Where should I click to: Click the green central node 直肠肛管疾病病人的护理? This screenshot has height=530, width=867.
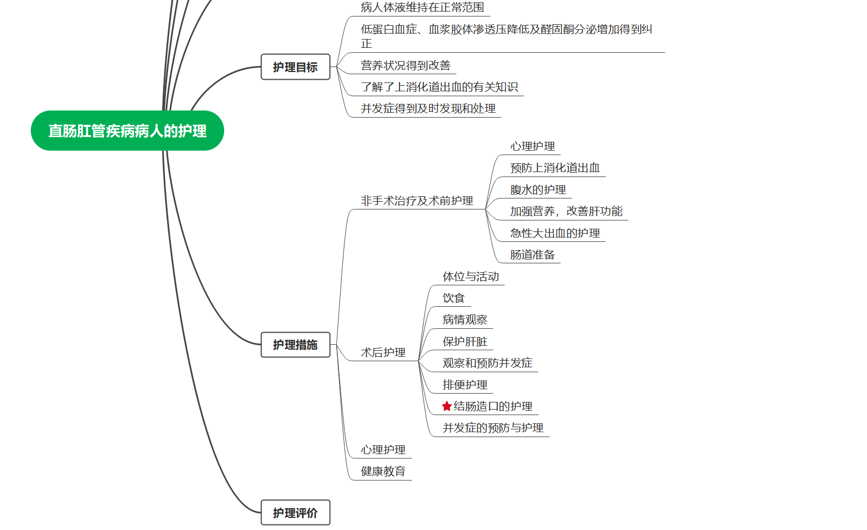pos(127,131)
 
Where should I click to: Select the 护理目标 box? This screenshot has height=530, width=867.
pos(295,67)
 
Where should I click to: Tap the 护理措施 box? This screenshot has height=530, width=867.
pos(295,345)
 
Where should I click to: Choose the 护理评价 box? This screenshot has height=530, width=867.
pos(295,513)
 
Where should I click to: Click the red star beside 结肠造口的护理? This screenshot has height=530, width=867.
pos(447,406)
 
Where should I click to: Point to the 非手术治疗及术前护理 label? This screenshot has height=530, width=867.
pos(416,201)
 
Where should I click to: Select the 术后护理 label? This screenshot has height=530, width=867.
pos(383,352)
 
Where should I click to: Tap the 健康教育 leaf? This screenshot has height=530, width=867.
pos(383,471)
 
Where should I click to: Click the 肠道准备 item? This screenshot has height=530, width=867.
pos(532,255)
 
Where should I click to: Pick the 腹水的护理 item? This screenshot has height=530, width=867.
pos(538,190)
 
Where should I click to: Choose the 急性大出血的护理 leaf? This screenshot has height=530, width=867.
pos(555,233)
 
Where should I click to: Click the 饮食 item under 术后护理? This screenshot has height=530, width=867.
pos(454,298)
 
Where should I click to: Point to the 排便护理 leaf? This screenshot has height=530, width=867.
pos(465,385)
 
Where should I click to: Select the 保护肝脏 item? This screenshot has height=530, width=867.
pos(465,341)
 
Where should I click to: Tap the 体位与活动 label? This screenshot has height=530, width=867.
pos(471,277)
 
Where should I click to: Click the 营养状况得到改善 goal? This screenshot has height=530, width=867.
pos(405,65)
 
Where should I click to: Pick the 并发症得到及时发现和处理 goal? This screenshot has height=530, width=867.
pos(428,109)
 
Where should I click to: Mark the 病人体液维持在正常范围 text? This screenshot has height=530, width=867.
pos(423,8)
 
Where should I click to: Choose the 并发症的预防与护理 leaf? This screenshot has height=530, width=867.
pos(493,428)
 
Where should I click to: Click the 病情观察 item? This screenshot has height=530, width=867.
pos(465,319)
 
